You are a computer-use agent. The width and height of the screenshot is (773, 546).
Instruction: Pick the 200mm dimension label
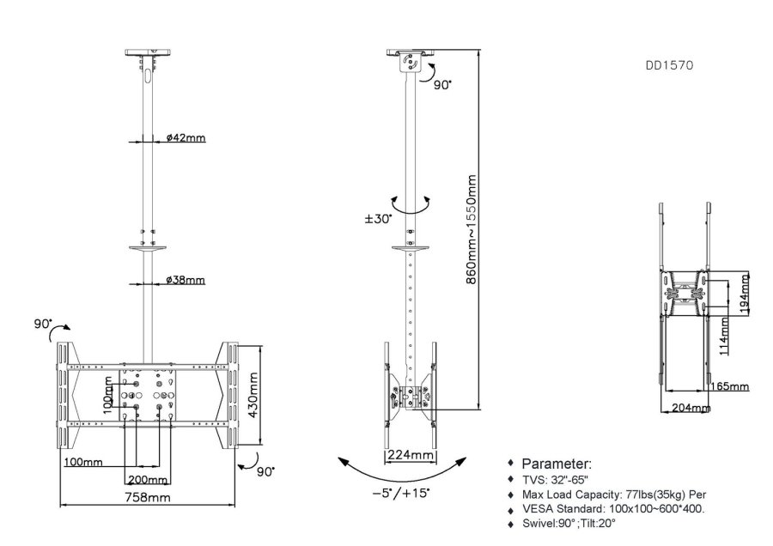147,479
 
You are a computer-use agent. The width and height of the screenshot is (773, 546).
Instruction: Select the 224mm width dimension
409,454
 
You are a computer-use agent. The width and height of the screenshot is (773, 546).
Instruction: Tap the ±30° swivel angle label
378,219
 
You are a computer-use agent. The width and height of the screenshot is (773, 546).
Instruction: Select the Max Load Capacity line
613,494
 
